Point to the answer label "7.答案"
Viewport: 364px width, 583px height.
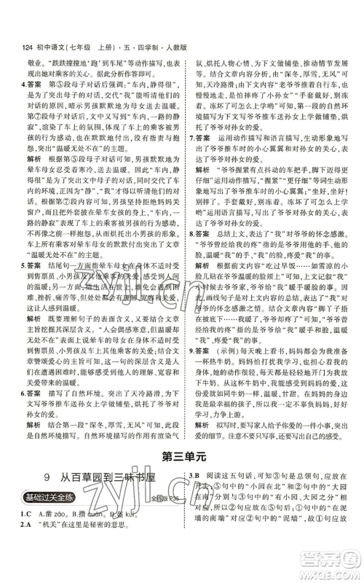tap(202, 136)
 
